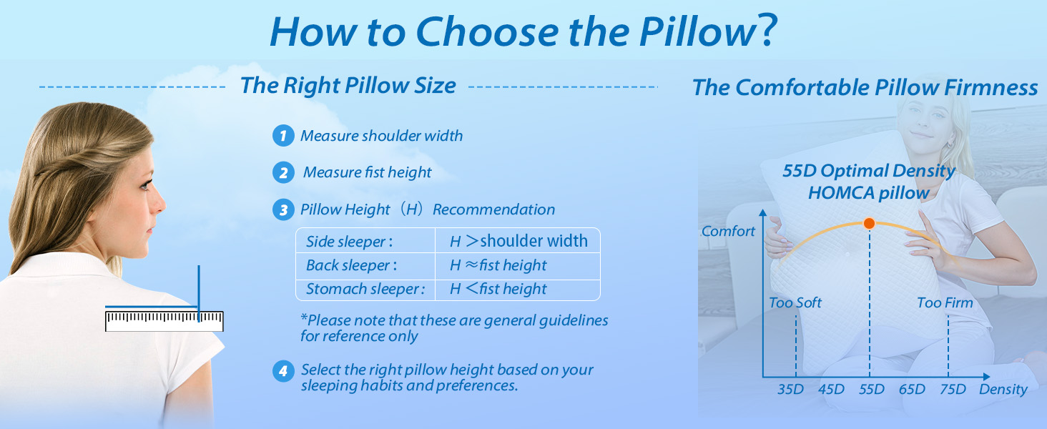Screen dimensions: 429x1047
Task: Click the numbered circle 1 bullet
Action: (x=283, y=136)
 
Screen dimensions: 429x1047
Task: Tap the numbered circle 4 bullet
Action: (x=283, y=371)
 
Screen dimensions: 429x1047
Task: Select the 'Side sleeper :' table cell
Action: (x=349, y=242)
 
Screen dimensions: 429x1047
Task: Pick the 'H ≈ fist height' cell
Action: (x=498, y=265)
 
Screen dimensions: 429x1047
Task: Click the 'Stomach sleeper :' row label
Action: (x=365, y=289)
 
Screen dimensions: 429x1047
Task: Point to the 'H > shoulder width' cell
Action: (x=518, y=242)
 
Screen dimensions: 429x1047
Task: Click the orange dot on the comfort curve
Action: (x=869, y=223)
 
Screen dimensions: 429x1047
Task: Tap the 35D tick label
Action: (x=791, y=389)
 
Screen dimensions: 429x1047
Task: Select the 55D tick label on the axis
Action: (x=871, y=389)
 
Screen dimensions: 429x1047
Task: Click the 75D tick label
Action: (x=952, y=389)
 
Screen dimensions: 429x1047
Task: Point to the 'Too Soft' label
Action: (x=795, y=302)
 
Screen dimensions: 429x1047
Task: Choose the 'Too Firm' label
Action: (x=945, y=302)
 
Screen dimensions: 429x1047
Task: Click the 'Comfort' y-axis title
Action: (x=728, y=231)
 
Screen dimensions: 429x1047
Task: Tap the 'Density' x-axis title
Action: (x=1003, y=389)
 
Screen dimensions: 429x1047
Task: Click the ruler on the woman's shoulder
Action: (x=164, y=321)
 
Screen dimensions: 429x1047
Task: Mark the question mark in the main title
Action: (x=766, y=31)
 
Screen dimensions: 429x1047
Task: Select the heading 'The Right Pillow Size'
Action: (x=348, y=86)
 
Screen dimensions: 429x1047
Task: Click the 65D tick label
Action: (x=912, y=389)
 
